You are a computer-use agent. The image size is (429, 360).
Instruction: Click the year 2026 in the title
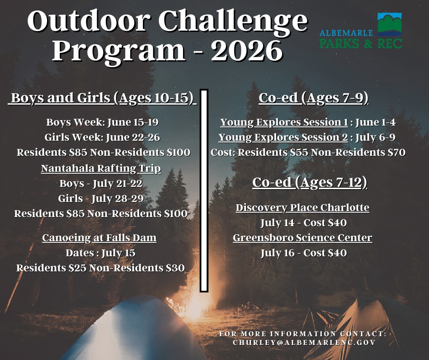247,51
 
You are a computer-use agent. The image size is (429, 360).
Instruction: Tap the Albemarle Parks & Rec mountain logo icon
390,25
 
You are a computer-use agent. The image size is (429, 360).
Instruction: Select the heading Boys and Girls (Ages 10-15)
102,98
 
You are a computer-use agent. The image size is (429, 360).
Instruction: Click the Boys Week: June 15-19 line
102,122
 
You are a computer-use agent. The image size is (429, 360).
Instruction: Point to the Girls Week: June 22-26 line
102,137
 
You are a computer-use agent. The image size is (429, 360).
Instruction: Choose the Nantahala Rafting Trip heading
101,168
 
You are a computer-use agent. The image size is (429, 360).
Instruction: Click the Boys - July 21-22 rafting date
101,183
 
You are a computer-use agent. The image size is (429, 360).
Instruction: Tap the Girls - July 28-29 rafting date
101,198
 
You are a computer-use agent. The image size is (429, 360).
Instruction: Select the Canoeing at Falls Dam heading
99,238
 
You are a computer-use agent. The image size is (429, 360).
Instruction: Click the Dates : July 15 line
100,253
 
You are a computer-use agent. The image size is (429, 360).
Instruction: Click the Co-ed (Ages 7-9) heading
314,98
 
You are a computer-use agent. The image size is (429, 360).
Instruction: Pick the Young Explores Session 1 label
284,122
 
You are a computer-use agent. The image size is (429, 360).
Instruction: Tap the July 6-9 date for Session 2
375,137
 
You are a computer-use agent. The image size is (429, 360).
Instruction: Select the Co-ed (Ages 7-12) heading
309,183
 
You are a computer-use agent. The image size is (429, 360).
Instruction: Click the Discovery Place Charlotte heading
303,208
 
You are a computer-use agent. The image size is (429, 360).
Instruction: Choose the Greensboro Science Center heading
303,238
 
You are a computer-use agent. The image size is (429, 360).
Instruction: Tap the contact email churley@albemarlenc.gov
304,343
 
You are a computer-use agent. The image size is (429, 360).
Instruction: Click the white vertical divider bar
204,191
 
